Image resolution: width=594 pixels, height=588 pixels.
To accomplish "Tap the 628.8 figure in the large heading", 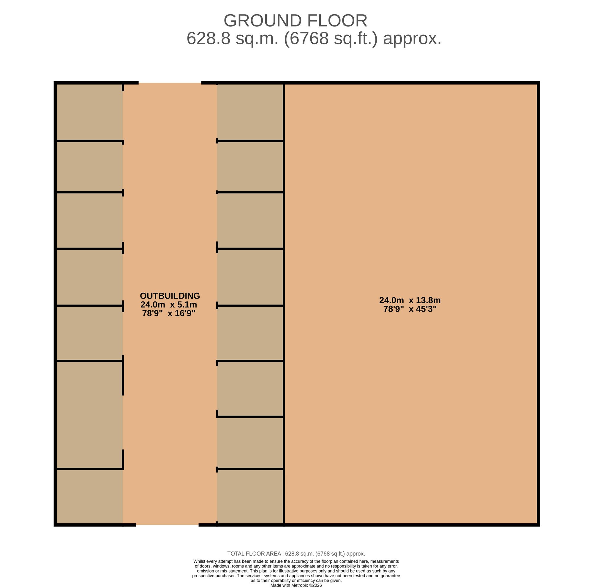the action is point(208,39).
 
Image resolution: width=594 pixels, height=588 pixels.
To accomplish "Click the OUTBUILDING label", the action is point(170,296).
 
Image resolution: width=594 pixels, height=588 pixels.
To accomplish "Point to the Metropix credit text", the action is point(296,585).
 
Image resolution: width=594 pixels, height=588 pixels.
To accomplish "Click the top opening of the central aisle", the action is point(170,83).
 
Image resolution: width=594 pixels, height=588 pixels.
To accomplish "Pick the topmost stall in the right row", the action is point(250,112).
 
